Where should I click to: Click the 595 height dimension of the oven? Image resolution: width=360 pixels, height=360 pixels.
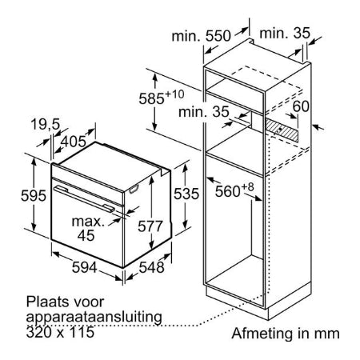coord(34,195)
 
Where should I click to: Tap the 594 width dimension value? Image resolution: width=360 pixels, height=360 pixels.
coord(84,266)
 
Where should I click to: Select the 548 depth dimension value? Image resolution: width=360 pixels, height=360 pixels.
coord(151,267)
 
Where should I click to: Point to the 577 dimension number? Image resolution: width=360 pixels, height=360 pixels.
coord(150,226)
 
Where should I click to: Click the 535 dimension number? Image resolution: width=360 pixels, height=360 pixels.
coord(186,194)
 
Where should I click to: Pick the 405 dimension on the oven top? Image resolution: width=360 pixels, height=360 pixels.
coord(74,142)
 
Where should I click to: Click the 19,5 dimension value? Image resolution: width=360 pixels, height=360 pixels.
coord(46,124)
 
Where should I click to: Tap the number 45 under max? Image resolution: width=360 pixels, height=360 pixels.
coord(86,235)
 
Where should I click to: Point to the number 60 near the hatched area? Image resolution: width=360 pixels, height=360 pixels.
coord(301,106)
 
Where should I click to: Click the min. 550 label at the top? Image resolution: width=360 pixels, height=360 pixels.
coord(201,35)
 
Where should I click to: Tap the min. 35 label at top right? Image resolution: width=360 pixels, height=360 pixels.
coord(285,34)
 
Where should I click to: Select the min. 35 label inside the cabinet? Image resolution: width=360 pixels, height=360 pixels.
coord(204,111)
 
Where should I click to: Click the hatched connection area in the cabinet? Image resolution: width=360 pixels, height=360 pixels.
coord(282,130)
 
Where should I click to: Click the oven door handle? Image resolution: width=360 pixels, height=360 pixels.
coord(84,199)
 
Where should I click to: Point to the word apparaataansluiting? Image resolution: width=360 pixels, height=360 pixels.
coord(94,318)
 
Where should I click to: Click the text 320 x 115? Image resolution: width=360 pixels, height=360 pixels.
coord(60,332)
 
